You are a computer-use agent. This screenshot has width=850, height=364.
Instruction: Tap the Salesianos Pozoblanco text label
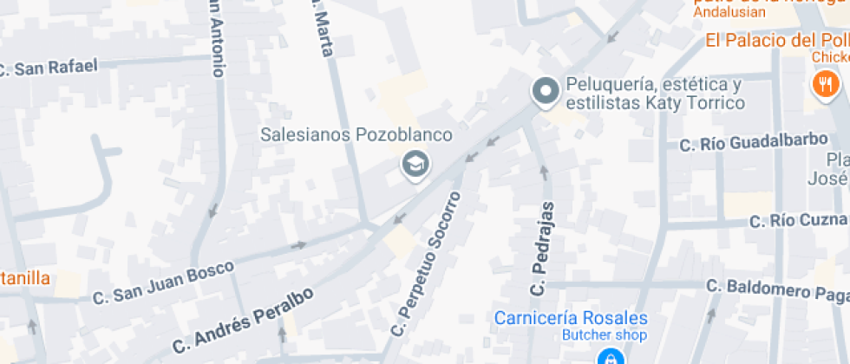click(357, 135)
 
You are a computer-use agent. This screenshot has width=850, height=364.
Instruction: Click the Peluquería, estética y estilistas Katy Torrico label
click(655, 94)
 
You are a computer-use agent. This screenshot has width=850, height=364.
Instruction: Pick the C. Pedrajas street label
click(541, 248)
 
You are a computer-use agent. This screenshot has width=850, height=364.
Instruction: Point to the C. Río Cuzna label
click(798, 221)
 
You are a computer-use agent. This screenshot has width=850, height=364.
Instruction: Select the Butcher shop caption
click(605, 335)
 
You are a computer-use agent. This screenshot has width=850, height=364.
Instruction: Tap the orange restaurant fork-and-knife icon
click(824, 85)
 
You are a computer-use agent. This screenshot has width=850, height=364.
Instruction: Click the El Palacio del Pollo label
click(777, 40)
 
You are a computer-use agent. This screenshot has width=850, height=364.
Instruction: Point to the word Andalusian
click(729, 12)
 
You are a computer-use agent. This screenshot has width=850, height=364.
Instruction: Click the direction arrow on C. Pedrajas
click(545, 171)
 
